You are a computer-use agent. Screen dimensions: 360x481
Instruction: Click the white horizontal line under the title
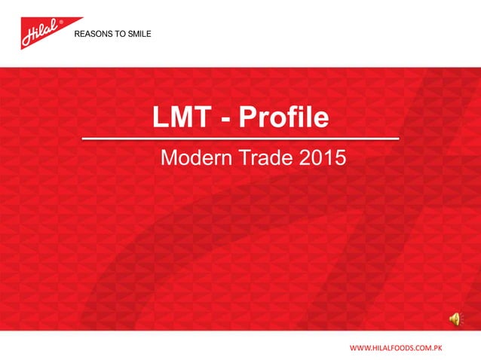(x=240, y=140)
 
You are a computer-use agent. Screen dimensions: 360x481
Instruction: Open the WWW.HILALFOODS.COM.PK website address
(x=394, y=349)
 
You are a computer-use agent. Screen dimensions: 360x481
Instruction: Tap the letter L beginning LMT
(x=161, y=118)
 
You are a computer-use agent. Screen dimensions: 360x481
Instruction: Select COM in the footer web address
(x=421, y=349)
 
